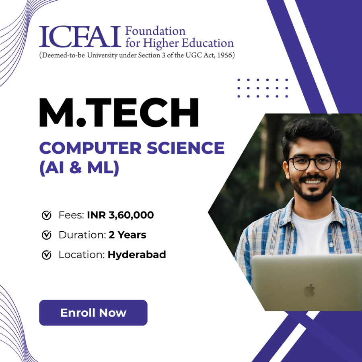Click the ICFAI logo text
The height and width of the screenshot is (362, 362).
(80, 37)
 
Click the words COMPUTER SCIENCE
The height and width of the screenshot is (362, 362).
(132, 148)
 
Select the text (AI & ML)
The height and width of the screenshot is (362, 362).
(79, 167)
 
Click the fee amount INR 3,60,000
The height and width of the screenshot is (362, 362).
(120, 215)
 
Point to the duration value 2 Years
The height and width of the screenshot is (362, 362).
(127, 235)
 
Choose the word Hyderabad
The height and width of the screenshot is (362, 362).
(137, 255)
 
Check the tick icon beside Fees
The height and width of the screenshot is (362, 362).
(47, 216)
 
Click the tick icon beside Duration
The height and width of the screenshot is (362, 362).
(47, 235)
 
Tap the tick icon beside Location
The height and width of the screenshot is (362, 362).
(47, 255)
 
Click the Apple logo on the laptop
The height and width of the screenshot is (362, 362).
(309, 290)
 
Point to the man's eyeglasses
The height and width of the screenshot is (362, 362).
(312, 163)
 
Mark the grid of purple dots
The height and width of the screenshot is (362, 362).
(263, 88)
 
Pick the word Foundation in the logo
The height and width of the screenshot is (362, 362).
(155, 31)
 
